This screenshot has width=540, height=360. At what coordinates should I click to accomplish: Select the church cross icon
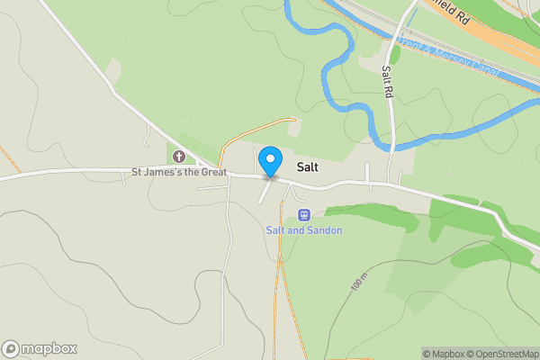(178, 156)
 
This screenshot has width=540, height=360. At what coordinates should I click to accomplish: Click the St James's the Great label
(180, 171)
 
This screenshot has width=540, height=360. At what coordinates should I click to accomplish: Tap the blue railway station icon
(303, 215)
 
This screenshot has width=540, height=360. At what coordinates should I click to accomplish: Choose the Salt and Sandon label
(303, 230)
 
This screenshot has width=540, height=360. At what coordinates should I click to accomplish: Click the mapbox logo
(40, 349)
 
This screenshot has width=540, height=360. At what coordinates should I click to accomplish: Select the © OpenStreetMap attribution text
(502, 354)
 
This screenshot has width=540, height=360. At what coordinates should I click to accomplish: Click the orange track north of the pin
(252, 126)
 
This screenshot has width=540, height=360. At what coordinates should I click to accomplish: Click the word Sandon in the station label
(324, 230)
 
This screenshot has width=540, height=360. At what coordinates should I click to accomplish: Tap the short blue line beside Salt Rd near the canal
(411, 18)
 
